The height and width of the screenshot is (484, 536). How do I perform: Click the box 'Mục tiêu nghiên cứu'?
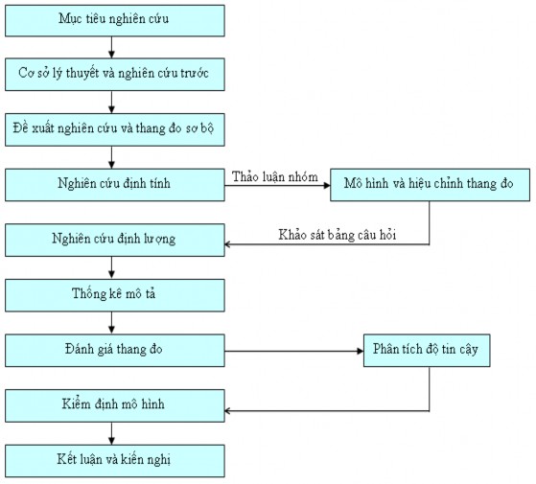[114, 18]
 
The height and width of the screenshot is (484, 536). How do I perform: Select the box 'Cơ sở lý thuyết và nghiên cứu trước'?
[114, 72]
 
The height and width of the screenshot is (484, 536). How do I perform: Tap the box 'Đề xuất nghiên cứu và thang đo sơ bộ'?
[114, 127]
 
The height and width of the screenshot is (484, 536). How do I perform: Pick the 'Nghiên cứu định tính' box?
[114, 182]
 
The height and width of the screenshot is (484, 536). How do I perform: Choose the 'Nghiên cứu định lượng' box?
[114, 237]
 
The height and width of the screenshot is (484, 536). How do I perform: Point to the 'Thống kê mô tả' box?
[114, 292]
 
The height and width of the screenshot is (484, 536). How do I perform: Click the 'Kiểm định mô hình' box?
[114, 404]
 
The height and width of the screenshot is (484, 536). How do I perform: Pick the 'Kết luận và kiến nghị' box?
[114, 459]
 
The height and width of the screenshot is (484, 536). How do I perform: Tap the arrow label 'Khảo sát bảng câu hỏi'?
[338, 233]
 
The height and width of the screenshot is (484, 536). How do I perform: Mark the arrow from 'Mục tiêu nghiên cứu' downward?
[112, 45]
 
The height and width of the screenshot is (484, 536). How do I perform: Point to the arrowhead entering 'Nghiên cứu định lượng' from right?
[230, 244]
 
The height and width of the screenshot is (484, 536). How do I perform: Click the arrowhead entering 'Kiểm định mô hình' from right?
[230, 412]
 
